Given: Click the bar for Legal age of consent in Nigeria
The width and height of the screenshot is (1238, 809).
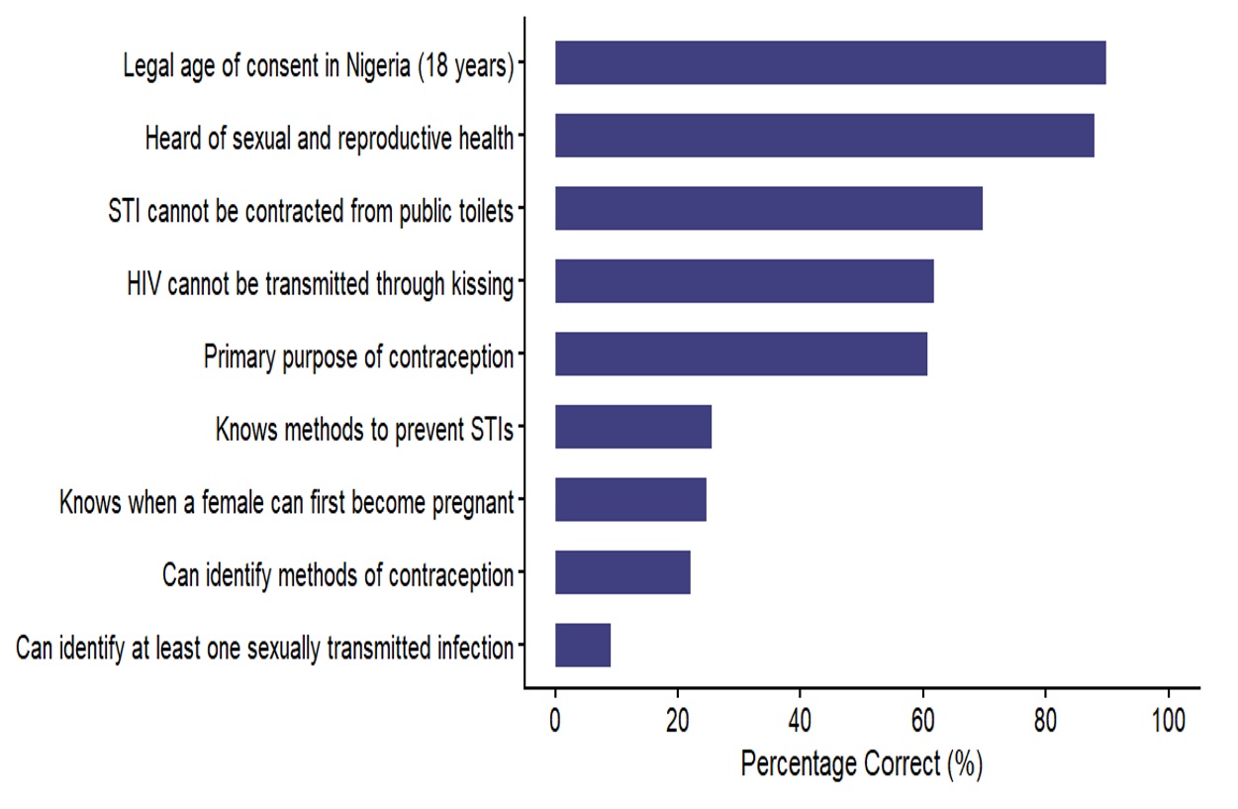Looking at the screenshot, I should (x=829, y=63).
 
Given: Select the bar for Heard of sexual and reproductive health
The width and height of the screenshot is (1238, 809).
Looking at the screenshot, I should (x=823, y=136).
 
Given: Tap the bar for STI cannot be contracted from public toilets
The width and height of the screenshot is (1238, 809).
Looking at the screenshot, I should (x=768, y=209).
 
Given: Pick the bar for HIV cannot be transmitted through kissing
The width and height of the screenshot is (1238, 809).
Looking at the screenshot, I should (x=743, y=281).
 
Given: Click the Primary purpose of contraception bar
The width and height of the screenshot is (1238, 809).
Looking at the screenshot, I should (x=740, y=354).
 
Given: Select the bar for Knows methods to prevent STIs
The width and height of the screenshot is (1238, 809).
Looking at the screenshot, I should (x=632, y=427).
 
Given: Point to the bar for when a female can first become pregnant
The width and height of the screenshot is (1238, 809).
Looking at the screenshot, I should (x=629, y=500).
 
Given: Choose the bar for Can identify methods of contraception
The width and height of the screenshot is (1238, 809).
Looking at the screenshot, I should (x=621, y=572).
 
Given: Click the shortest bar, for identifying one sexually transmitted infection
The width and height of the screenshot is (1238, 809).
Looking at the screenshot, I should (x=582, y=646).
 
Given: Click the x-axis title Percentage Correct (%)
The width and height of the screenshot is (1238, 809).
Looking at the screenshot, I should (x=861, y=763).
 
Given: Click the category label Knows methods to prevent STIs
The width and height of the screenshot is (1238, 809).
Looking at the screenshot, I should (x=364, y=430).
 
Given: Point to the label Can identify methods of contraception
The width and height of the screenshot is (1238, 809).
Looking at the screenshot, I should (x=338, y=575).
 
